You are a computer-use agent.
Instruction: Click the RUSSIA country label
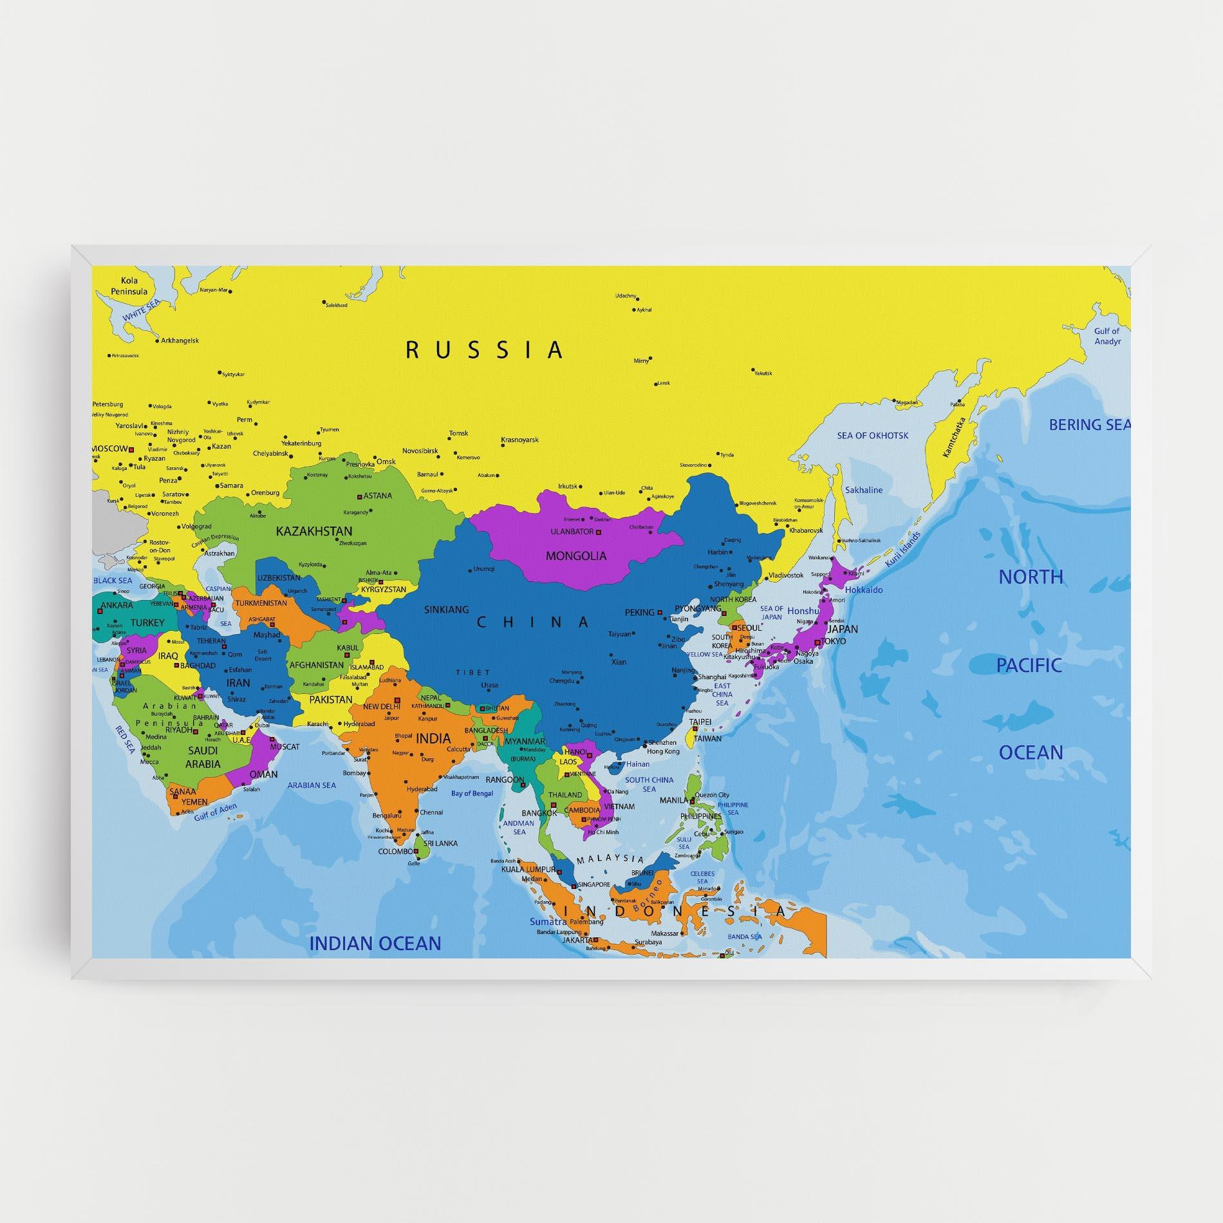(485, 350)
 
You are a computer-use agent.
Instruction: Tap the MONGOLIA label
(576, 555)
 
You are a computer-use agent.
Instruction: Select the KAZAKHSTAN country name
(314, 531)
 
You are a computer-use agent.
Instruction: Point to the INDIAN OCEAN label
(375, 944)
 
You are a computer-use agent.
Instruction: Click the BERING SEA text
(1089, 425)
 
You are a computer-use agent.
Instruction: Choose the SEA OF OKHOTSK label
(873, 436)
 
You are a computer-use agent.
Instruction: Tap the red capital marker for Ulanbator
(599, 532)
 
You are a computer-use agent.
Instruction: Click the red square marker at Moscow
(131, 449)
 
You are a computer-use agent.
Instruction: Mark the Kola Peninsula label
(129, 286)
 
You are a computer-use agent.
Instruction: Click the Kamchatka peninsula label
(955, 438)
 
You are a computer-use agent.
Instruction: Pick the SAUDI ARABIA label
(203, 757)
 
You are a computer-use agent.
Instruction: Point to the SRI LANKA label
(440, 843)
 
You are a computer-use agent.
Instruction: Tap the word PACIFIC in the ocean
(1029, 666)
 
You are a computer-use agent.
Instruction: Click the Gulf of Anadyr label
(1107, 336)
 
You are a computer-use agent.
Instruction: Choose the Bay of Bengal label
(472, 794)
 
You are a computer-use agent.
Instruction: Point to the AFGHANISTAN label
(316, 666)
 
